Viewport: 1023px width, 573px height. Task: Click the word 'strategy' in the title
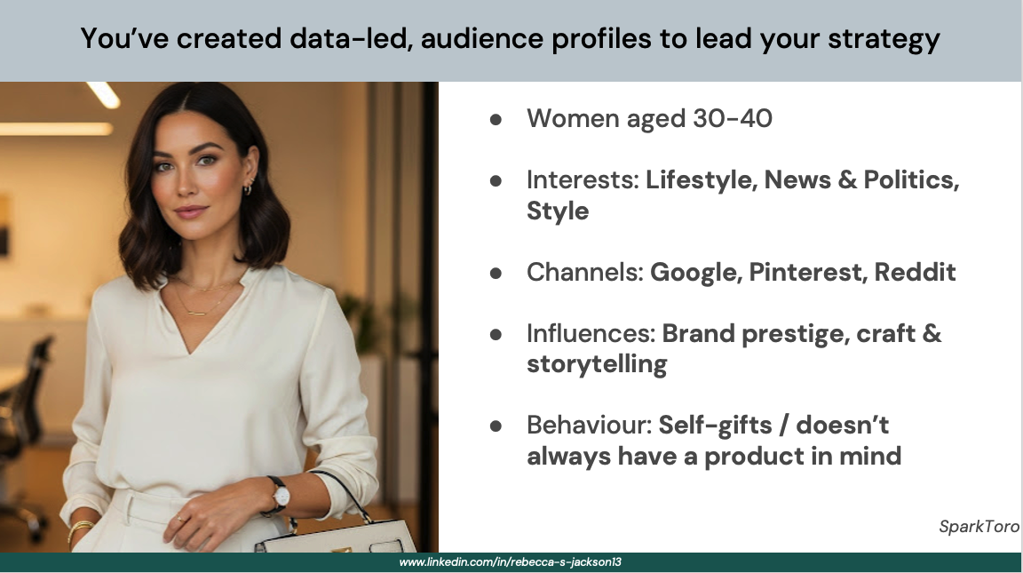[884, 39]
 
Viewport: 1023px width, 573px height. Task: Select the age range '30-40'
[732, 119]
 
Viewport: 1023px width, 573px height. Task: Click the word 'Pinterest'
[808, 272]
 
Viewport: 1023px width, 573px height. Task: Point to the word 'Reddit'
[915, 272]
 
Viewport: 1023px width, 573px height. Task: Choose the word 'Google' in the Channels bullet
[696, 273]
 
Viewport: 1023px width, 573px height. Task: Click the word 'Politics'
[911, 180]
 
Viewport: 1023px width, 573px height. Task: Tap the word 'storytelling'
[597, 364]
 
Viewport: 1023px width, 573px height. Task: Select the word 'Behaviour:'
[589, 426]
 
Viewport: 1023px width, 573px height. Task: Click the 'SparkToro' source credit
[979, 527]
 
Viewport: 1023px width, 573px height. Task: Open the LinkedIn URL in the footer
[511, 562]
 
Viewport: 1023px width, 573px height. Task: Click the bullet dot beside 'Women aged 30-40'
[496, 119]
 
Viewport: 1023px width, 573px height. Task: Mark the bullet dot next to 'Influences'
[496, 334]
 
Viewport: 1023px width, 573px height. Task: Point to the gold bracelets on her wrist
[80, 529]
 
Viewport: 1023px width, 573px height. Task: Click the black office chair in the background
[23, 418]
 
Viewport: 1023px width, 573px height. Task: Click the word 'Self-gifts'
[715, 426]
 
